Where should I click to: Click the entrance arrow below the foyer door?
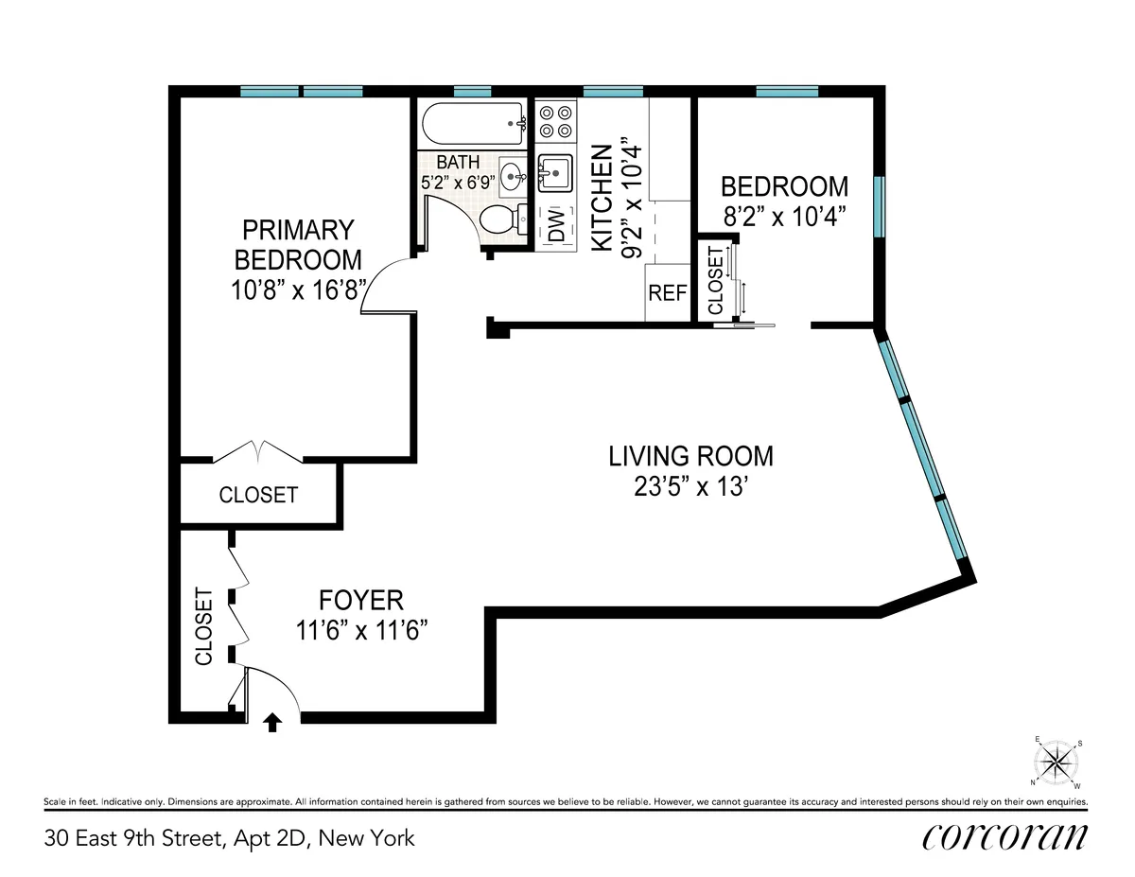[x=272, y=723]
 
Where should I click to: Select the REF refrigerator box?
[x=667, y=293]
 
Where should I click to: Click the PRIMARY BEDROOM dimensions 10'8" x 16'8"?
[x=297, y=289]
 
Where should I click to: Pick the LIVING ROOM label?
[x=690, y=456]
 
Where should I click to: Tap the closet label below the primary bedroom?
[x=258, y=495]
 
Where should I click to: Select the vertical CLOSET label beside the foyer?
[x=203, y=626]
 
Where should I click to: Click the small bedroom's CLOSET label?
[x=715, y=280]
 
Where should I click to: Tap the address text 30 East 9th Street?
[x=228, y=837]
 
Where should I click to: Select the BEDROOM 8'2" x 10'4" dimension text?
[x=784, y=217]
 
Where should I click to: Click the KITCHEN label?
[x=601, y=206]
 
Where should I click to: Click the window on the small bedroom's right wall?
[x=879, y=206]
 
